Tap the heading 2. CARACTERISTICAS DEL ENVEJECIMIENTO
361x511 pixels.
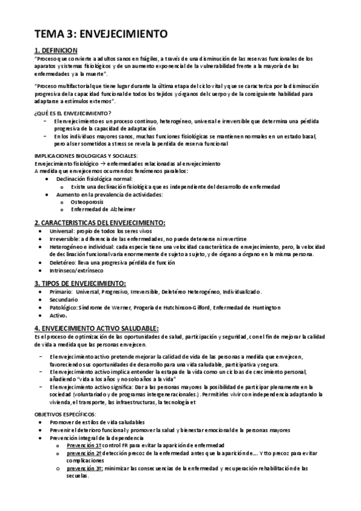pos(99,224)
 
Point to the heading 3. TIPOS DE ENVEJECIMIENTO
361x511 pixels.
pos(80,283)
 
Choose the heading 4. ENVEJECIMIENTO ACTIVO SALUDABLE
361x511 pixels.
pos(97,327)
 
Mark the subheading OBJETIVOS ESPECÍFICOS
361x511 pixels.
pos(66,415)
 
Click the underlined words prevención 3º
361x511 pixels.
pos(84,468)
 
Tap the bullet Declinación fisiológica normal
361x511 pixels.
pos(94,179)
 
